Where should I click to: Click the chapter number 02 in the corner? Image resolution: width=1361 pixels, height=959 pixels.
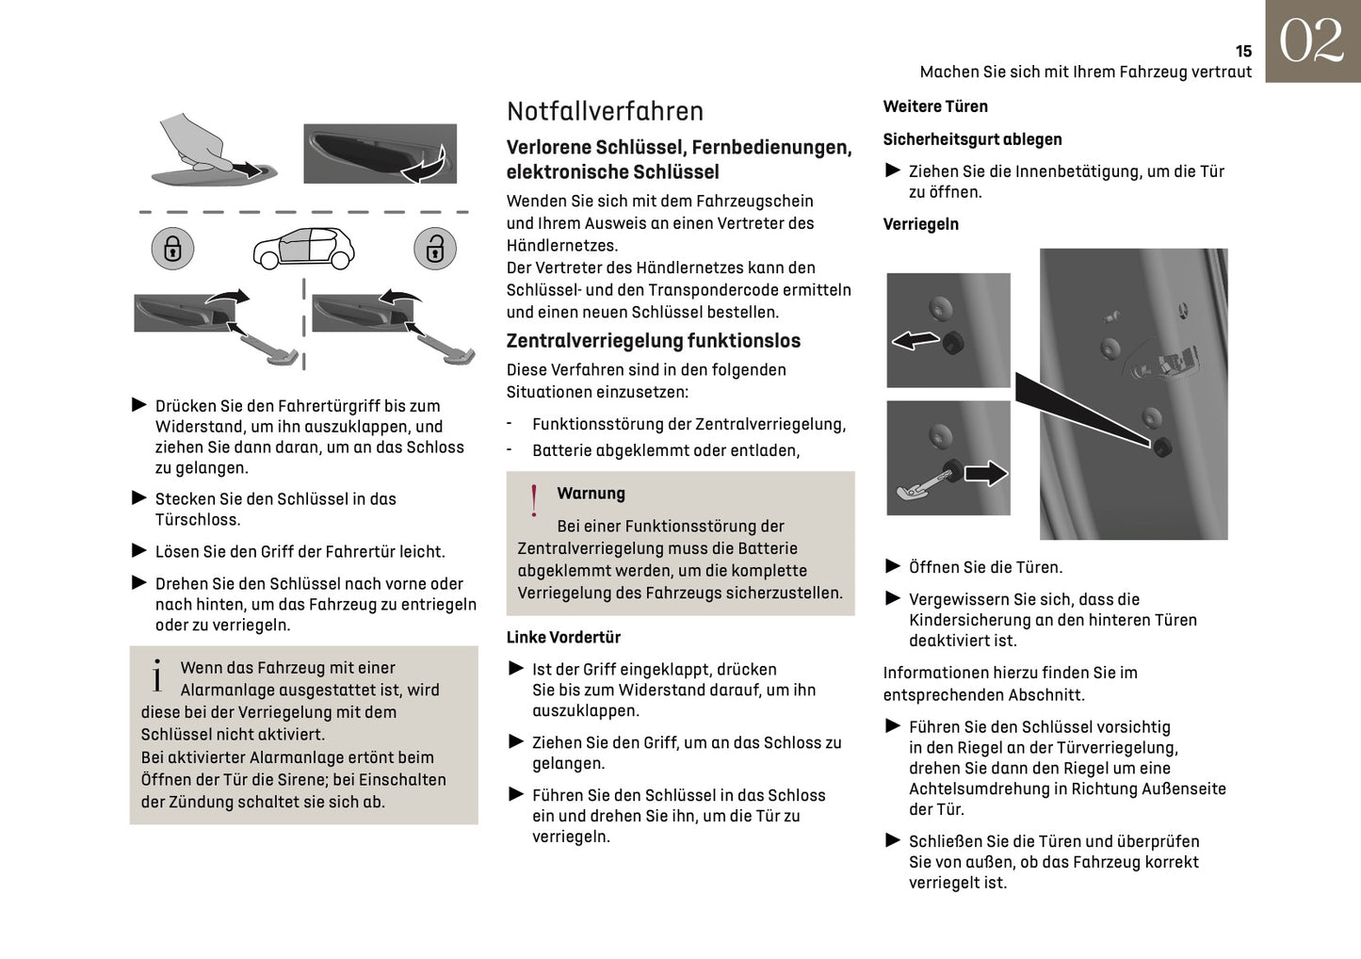1311,41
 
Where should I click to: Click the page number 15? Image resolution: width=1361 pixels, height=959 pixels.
1243,52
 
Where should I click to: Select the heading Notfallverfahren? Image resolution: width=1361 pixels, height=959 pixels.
605,111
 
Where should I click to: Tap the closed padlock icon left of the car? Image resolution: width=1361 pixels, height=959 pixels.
172,249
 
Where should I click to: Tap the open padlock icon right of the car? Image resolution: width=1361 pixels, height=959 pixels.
434,249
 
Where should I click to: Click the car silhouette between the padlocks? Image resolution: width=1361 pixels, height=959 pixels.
303,247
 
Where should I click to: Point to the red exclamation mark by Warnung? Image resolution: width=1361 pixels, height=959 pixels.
534,500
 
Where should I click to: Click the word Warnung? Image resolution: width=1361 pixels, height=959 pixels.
591,494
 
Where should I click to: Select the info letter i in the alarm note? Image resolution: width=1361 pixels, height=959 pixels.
157,675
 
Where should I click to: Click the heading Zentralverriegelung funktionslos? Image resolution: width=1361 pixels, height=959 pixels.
653,341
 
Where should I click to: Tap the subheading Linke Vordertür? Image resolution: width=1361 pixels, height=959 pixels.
563,638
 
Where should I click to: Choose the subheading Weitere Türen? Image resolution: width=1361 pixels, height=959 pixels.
935,106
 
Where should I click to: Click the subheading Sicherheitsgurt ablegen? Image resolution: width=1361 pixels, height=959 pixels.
972,139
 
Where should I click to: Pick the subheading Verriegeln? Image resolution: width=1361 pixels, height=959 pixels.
920,224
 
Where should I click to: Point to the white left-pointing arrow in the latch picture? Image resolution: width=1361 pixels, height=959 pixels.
915,339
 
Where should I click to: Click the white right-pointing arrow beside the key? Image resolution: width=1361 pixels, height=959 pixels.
985,472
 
